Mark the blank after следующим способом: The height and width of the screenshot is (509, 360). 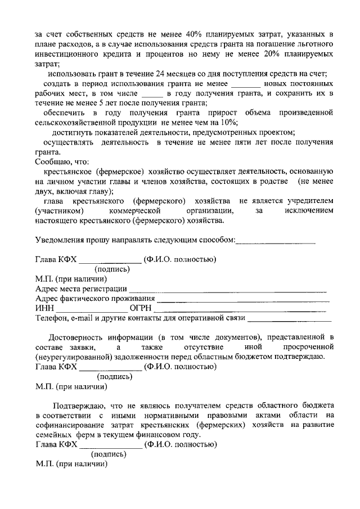click(276, 242)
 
